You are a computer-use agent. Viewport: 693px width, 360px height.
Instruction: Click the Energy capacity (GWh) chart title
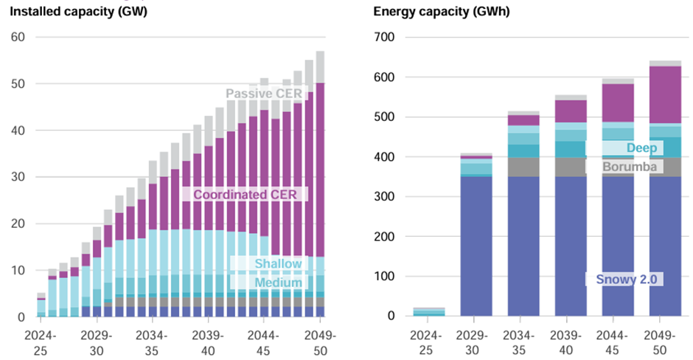431,11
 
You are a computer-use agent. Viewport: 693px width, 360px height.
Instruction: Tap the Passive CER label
264,94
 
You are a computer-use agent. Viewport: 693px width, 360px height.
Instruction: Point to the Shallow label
278,264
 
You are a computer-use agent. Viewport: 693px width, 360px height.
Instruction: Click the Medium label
278,283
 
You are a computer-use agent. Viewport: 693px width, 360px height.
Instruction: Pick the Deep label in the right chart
641,148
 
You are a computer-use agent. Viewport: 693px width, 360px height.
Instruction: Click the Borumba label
630,167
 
